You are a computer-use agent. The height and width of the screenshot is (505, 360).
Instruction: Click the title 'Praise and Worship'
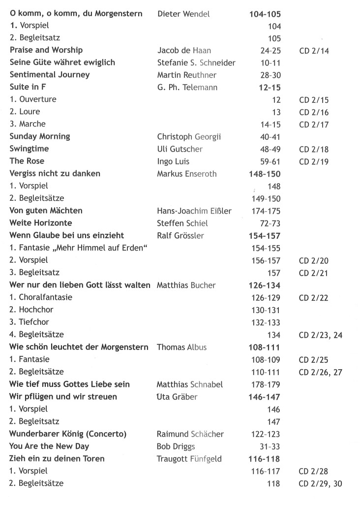click(46, 50)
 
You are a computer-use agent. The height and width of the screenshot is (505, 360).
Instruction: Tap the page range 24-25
click(270, 50)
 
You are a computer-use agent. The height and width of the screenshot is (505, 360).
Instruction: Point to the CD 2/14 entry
click(314, 50)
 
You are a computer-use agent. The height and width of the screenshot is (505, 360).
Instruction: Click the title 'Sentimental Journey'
click(50, 75)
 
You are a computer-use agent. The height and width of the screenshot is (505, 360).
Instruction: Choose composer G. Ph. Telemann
click(187, 87)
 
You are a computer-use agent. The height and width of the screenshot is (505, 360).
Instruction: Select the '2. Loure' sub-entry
click(25, 112)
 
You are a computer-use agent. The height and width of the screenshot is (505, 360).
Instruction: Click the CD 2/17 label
click(314, 124)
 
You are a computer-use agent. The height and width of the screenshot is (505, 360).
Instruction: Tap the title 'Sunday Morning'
click(40, 136)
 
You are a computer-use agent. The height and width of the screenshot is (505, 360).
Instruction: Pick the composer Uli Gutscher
click(180, 149)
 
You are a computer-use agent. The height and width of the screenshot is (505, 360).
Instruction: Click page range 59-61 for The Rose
click(270, 161)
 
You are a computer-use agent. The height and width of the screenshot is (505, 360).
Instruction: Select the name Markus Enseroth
click(186, 173)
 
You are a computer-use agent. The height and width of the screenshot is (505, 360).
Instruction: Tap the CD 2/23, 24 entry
click(320, 335)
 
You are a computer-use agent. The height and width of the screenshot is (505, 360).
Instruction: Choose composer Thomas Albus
click(181, 347)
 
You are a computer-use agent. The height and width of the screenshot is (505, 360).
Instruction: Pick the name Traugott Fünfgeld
click(189, 459)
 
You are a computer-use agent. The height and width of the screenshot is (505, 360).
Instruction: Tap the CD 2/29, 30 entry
click(320, 484)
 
